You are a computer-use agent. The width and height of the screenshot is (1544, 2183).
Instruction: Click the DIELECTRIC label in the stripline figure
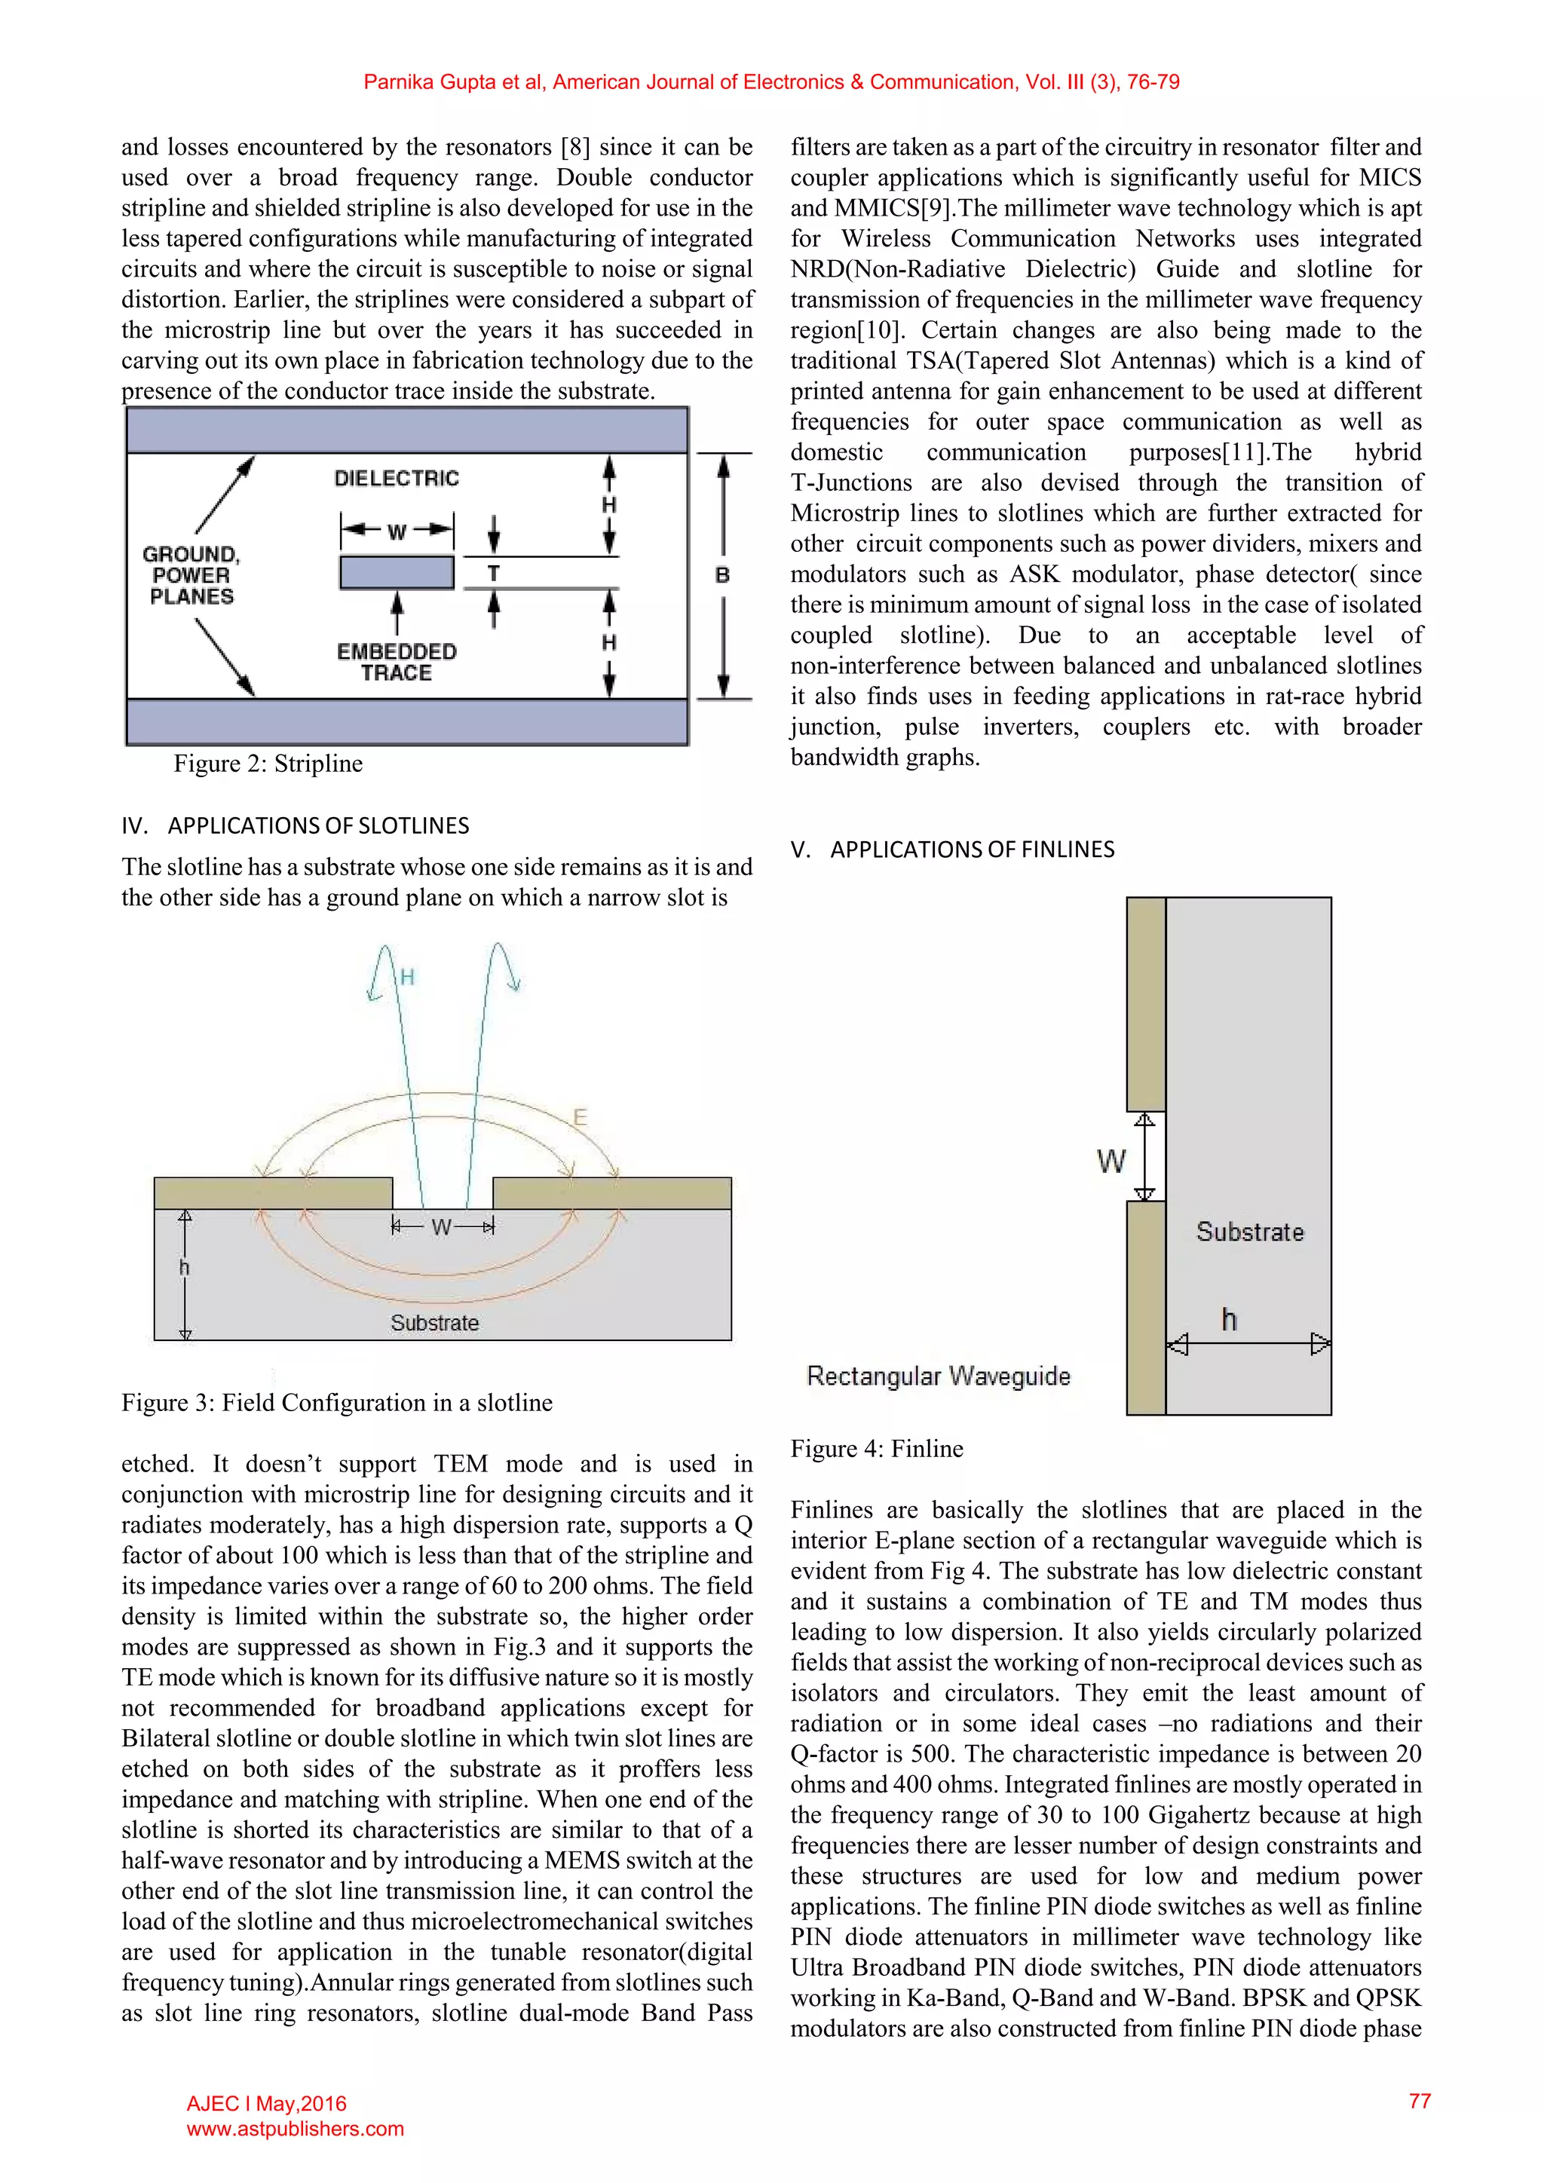[x=397, y=478]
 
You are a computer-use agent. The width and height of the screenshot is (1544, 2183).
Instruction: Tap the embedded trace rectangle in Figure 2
[x=397, y=572]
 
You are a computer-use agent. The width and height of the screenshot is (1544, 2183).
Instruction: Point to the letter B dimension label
[x=722, y=575]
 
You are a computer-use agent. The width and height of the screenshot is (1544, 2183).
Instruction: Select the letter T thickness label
[x=494, y=574]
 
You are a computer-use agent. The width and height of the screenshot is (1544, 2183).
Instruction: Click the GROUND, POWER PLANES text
[x=191, y=575]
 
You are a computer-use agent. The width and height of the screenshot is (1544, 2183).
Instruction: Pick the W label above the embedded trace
[x=397, y=531]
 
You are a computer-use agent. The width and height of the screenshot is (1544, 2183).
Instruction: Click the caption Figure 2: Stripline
[x=268, y=764]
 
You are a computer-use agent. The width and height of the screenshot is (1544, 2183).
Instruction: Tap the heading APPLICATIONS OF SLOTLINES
[x=318, y=825]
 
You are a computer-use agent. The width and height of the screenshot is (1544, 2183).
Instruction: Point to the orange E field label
[x=579, y=1117]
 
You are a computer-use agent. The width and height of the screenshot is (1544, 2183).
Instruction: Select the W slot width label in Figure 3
[x=441, y=1227]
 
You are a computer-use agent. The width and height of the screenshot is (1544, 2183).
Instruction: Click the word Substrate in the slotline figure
[x=434, y=1323]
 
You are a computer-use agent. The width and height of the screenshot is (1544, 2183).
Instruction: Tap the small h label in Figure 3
[x=185, y=1267]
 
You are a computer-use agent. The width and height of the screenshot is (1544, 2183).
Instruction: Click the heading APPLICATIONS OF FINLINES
[x=972, y=849]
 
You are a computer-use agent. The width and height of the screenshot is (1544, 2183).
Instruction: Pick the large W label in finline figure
[x=1111, y=1161]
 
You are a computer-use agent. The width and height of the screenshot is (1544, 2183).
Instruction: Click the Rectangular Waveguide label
[x=939, y=1376]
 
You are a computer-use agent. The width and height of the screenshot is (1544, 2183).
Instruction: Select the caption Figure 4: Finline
[x=877, y=1449]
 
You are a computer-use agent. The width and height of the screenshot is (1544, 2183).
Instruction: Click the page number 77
[x=1420, y=2102]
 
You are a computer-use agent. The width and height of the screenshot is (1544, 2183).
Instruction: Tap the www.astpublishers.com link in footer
[x=295, y=2129]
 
